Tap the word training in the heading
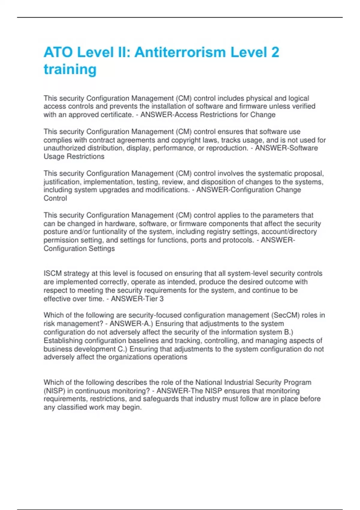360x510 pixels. click(x=70, y=69)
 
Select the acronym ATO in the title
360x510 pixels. click(x=58, y=52)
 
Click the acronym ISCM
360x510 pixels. click(x=52, y=274)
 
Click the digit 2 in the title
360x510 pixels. click(x=275, y=52)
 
